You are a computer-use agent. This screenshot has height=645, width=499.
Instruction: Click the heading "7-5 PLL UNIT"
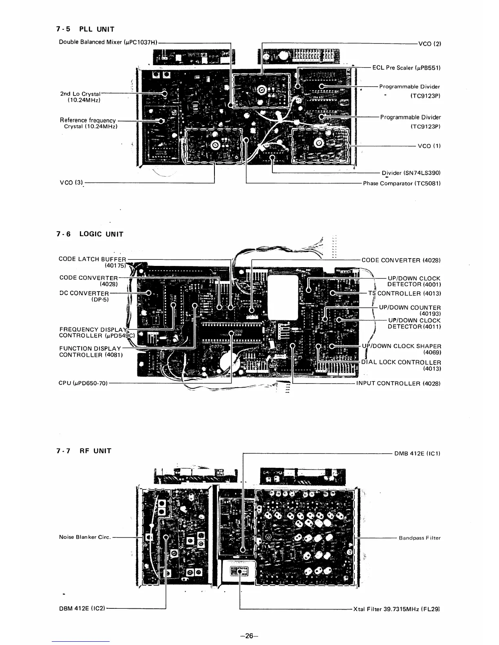[85, 29]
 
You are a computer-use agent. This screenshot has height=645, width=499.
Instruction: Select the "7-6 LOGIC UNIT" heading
[90, 234]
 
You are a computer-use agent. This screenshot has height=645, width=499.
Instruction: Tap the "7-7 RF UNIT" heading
[84, 451]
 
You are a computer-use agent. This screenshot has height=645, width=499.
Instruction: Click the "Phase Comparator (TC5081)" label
[402, 183]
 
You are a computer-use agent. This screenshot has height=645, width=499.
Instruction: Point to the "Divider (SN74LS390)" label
[411, 173]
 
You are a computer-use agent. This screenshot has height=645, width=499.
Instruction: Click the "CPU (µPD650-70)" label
[83, 383]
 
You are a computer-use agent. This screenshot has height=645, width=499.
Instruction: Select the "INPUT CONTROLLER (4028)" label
[398, 383]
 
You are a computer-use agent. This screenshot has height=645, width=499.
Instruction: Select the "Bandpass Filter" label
[420, 538]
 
